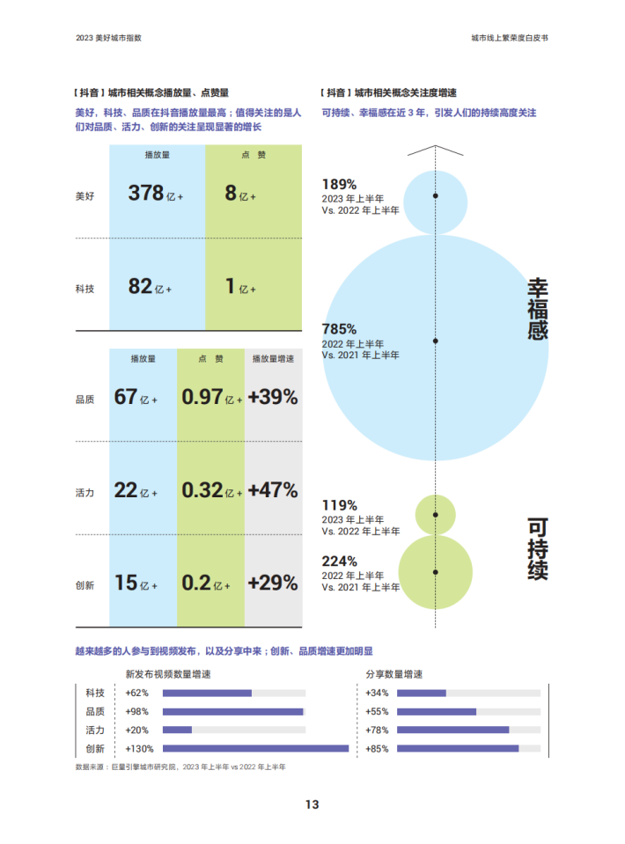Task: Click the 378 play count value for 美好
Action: tap(145, 193)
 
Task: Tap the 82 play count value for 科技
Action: tap(140, 286)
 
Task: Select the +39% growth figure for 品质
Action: tap(273, 397)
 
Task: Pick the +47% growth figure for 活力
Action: tap(273, 489)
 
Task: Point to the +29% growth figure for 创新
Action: tap(273, 583)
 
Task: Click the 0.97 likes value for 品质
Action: tap(202, 397)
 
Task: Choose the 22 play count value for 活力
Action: tap(126, 489)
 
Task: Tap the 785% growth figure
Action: tap(339, 329)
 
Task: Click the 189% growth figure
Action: tap(339, 184)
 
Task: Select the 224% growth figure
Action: tap(339, 561)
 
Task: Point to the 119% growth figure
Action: tap(339, 505)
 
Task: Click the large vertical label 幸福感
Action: tap(537, 310)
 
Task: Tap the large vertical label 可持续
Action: tap(537, 548)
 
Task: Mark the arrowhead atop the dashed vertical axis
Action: tap(436, 149)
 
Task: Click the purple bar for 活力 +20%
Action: tap(177, 730)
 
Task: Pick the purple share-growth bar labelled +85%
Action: tap(458, 749)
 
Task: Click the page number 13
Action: tap(312, 804)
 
